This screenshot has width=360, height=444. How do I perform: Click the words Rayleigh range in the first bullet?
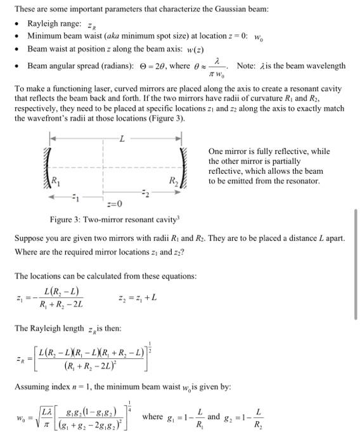(54, 23)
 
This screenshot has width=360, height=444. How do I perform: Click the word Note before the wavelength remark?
(247, 66)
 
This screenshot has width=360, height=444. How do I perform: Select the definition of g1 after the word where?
(185, 418)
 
